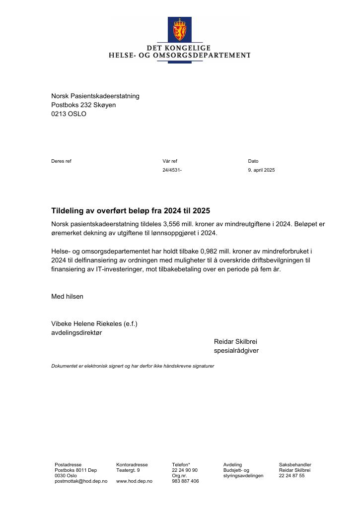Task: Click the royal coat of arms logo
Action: (179, 30)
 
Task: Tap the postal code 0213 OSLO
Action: (69, 114)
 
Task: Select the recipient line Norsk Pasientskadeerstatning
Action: (95, 96)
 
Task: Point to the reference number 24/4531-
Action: (172, 170)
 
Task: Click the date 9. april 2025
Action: (261, 170)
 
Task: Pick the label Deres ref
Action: (61, 161)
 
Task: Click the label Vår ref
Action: (169, 161)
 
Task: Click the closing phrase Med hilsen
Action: (67, 296)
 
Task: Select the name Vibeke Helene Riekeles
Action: (86, 323)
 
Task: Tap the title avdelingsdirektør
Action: (76, 332)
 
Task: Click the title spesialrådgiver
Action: (236, 350)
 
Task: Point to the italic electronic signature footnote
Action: (133, 366)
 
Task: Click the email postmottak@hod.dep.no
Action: (81, 481)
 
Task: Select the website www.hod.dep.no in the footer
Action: (134, 481)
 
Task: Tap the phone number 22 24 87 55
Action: (291, 475)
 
